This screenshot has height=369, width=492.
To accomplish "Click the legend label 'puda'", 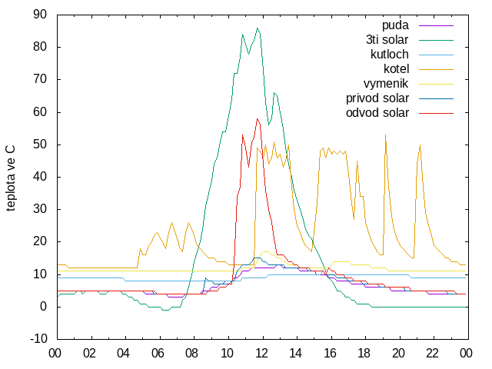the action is tap(395, 25).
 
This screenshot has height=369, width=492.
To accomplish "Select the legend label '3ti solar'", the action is tap(387, 40).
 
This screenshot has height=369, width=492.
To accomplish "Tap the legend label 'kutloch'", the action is tap(390, 55).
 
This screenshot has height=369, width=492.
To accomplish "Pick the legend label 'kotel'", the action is tap(397, 69).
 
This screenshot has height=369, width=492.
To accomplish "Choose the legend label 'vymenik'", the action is tap(386, 84).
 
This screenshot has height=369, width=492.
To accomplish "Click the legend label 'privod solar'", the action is tap(377, 98).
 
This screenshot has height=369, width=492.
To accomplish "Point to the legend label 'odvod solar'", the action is tap(377, 113).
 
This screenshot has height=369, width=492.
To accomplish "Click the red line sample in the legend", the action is tap(436, 113).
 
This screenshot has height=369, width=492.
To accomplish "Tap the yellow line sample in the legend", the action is tap(436, 84).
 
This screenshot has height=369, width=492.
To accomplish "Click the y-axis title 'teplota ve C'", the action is tap(10, 178).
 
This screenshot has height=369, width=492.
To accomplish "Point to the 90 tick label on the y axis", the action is tap(40, 15).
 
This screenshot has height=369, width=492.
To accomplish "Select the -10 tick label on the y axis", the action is tap(38, 339).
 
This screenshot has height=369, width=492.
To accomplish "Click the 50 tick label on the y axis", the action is tap(40, 145).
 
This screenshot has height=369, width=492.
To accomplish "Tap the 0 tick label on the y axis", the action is tap(43, 307).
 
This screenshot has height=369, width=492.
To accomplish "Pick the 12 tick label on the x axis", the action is tap(261, 354).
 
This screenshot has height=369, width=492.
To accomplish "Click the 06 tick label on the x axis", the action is tap(158, 354).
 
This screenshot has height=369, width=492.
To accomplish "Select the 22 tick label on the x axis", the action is tap(432, 354).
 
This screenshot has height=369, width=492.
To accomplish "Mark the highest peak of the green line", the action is tap(258, 28).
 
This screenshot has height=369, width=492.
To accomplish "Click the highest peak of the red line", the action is tap(257, 118).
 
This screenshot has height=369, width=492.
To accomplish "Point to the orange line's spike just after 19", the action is tap(385, 135).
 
